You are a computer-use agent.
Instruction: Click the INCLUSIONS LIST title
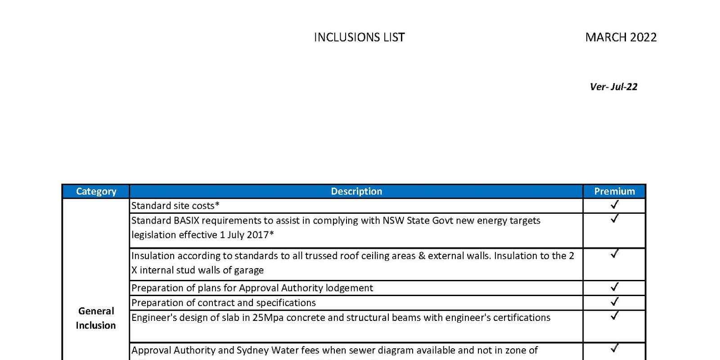point(359,37)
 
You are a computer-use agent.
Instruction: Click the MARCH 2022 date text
point(621,37)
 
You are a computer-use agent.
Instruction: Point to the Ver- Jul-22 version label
point(613,87)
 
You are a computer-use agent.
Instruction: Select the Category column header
point(96,191)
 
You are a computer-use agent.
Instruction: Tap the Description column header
point(356,191)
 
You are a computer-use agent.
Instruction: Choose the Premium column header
point(614,191)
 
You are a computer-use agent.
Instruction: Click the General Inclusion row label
point(96,318)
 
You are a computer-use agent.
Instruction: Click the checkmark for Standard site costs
point(614,205)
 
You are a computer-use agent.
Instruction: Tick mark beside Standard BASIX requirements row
point(614,219)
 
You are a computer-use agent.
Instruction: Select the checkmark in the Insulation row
point(614,254)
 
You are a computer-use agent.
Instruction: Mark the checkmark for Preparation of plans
point(614,287)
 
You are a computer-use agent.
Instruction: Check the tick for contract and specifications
point(614,301)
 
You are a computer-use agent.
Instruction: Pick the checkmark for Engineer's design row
point(614,316)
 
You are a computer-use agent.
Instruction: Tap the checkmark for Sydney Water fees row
point(614,348)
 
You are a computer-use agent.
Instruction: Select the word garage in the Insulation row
point(248,270)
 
